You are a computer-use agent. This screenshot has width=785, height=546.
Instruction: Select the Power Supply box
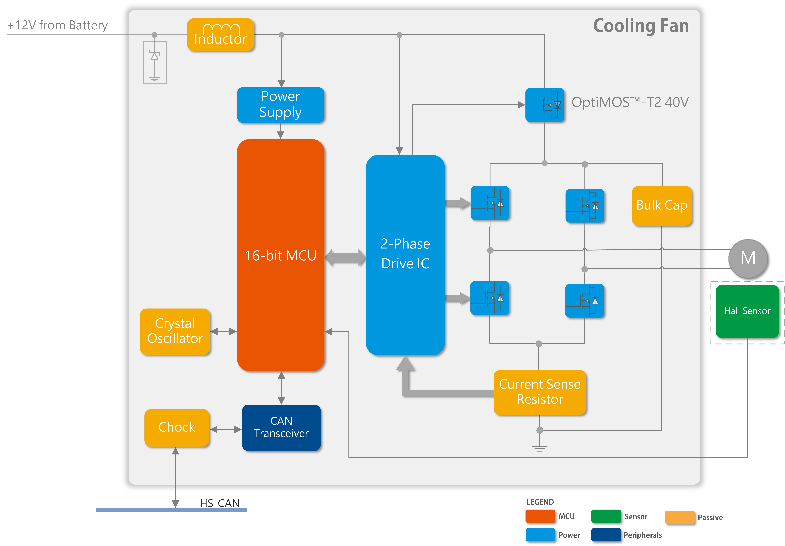280,105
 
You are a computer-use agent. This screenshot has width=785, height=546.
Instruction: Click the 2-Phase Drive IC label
405,254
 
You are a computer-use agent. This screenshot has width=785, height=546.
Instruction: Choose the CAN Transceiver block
281,427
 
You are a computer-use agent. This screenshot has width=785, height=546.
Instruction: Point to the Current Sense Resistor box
540,392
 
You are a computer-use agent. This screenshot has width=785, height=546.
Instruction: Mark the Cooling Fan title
641,26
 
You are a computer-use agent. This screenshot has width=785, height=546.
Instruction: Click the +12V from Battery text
57,25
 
